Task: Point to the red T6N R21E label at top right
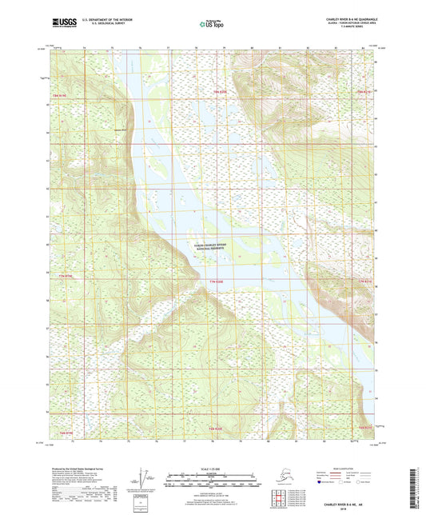[x=364, y=93]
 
